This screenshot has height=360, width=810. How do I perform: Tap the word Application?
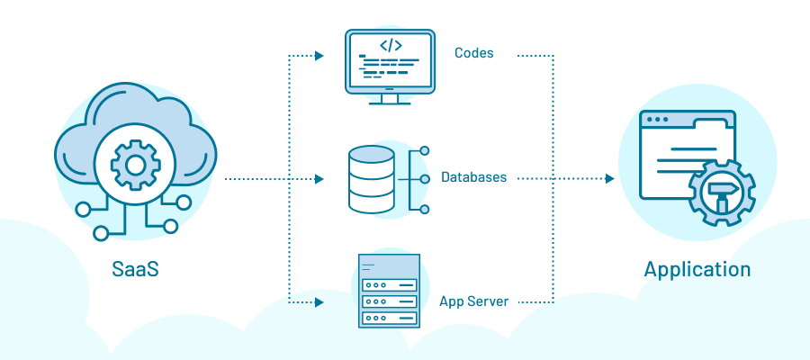pyautogui.click(x=697, y=269)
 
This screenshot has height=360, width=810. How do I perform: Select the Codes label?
pyautogui.click(x=473, y=53)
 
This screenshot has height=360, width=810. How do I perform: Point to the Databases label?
pyautogui.click(x=473, y=178)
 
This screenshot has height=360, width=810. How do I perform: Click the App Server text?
pyautogui.click(x=474, y=301)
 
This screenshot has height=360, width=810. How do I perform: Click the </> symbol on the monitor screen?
pyautogui.click(x=391, y=45)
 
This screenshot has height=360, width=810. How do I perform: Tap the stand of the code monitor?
pyautogui.click(x=391, y=97)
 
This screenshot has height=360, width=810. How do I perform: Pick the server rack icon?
pyautogui.click(x=390, y=292)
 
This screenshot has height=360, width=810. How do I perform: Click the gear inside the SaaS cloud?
pyautogui.click(x=135, y=165)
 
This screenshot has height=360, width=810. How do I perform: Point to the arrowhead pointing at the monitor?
pyautogui.click(x=319, y=56)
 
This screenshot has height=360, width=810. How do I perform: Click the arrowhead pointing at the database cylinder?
pyautogui.click(x=319, y=179)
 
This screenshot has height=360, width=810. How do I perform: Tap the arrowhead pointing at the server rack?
pyautogui.click(x=319, y=301)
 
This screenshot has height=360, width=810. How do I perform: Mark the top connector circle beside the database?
pyautogui.click(x=425, y=150)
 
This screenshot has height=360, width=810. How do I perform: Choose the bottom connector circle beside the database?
pyautogui.click(x=425, y=209)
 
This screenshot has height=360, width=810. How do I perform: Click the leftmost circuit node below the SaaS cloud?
pyautogui.click(x=83, y=210)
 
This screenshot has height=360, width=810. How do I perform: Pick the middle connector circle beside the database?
pyautogui.click(x=425, y=179)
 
